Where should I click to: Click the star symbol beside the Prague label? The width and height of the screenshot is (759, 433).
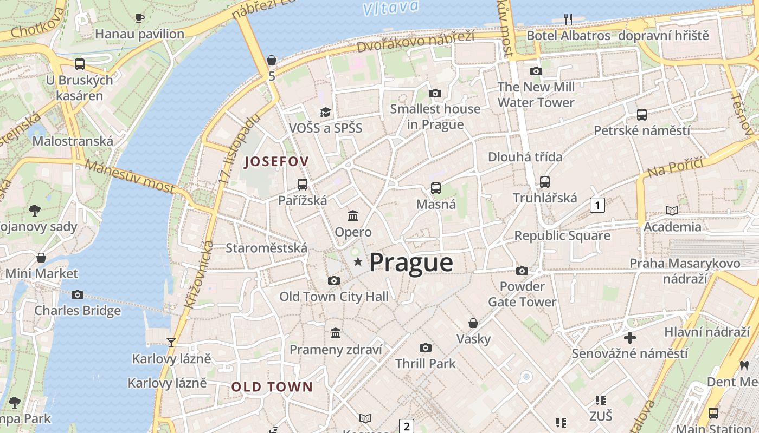pyautogui.click(x=358, y=263)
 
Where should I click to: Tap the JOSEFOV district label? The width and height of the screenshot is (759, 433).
pyautogui.click(x=276, y=161)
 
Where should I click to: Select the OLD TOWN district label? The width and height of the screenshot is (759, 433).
pyautogui.click(x=272, y=387)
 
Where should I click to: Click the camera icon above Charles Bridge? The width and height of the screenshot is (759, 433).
pyautogui.click(x=78, y=294)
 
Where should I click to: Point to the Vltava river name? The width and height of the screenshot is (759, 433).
pyautogui.click(x=390, y=8)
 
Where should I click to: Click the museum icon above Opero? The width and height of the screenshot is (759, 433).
pyautogui.click(x=353, y=215)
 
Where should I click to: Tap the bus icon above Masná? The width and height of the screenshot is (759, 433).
pyautogui.click(x=436, y=188)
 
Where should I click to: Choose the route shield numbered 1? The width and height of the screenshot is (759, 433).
pyautogui.click(x=597, y=205)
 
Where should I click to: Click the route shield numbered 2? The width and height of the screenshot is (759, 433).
pyautogui.click(x=406, y=425)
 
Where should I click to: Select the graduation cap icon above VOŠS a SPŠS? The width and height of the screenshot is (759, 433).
pyautogui.click(x=325, y=112)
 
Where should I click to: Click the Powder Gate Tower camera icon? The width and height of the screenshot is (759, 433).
pyautogui.click(x=522, y=270)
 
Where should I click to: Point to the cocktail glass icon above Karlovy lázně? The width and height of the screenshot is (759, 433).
pyautogui.click(x=171, y=342)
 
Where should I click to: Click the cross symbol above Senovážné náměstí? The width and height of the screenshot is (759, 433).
pyautogui.click(x=629, y=338)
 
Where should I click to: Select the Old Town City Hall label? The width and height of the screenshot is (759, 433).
pyautogui.click(x=334, y=297)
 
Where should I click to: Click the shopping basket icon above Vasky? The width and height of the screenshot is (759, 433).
pyautogui.click(x=473, y=323)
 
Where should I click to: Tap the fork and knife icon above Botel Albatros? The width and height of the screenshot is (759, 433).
pyautogui.click(x=568, y=19)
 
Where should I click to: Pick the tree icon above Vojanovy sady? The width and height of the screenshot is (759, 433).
pyautogui.click(x=35, y=210)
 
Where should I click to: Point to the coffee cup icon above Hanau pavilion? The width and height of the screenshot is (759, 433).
pyautogui.click(x=140, y=18)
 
